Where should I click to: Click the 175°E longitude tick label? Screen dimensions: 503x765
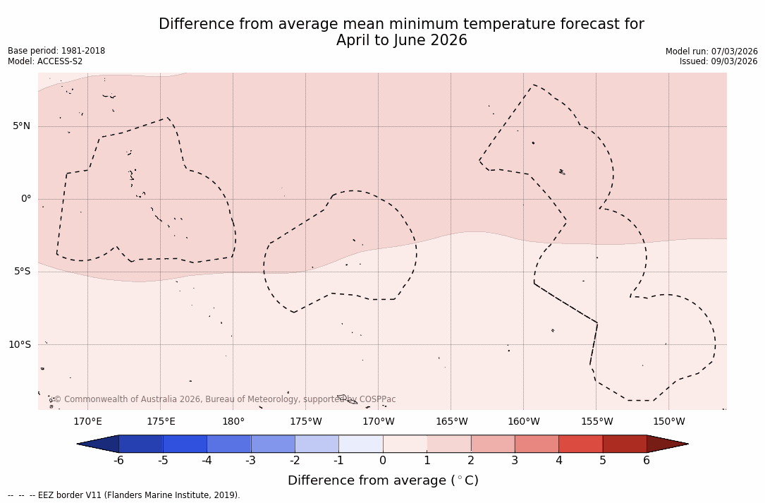161,422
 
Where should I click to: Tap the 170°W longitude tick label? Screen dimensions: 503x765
379,422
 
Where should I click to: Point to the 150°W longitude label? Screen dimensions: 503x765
669,422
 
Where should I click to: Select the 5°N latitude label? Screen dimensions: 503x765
22,126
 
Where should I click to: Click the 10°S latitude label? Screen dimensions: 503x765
20,345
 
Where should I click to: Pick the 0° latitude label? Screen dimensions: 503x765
26,199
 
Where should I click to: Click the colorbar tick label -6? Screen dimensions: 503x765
118,461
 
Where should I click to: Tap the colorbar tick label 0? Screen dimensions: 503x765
383,461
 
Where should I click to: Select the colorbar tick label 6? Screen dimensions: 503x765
647,461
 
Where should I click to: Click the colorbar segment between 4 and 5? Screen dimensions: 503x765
580,444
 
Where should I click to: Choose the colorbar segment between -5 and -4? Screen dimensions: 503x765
185,444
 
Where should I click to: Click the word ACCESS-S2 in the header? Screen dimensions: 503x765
60,61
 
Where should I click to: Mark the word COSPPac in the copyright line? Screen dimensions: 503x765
378,399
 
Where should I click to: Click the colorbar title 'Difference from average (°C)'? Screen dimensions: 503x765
383,480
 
